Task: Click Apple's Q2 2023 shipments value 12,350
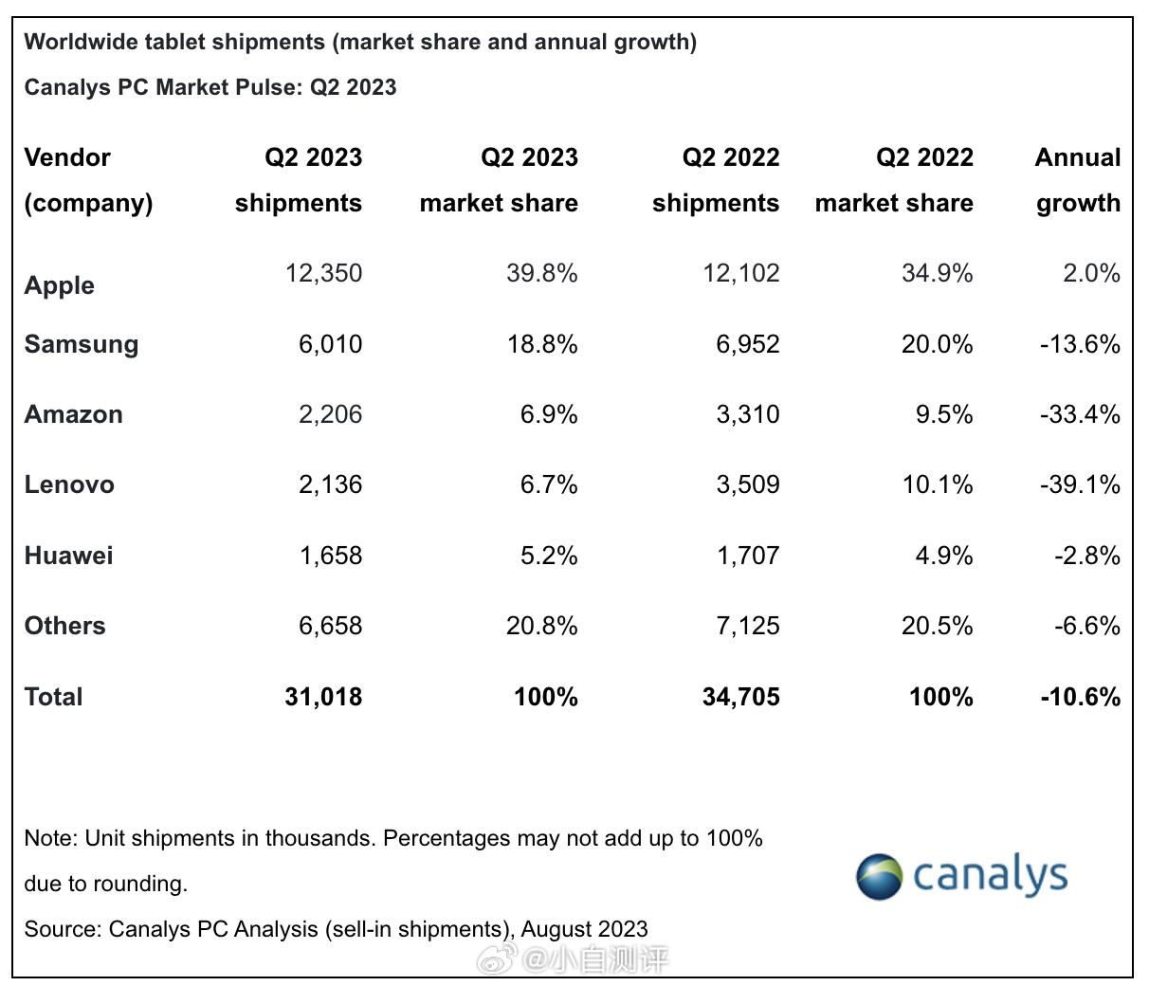click(323, 273)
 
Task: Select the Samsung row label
click(82, 344)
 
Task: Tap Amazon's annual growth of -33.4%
click(1080, 414)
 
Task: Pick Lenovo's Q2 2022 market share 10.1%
click(937, 484)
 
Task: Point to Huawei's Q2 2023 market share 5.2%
click(549, 555)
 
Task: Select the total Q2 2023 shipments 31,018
click(323, 697)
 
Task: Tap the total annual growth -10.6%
click(1080, 697)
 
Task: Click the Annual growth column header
click(1078, 180)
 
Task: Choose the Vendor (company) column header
click(88, 180)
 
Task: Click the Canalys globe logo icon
click(879, 876)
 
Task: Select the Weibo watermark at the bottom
click(573, 960)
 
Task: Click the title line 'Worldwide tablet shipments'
click(360, 42)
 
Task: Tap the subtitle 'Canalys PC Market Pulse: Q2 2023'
click(210, 87)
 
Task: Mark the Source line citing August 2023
click(337, 929)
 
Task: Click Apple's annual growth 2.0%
click(1091, 273)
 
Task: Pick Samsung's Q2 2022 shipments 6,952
click(747, 344)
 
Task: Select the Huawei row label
click(68, 555)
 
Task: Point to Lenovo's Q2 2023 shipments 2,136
click(330, 484)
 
